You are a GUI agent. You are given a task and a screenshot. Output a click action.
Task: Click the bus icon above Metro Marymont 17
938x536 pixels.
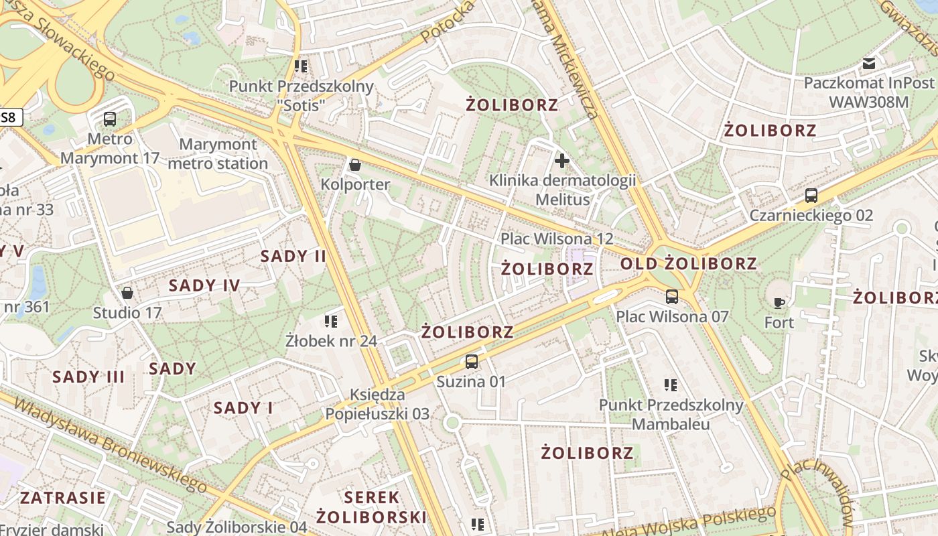tap(110, 119)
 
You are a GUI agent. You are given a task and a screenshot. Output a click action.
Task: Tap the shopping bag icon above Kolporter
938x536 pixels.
tap(355, 164)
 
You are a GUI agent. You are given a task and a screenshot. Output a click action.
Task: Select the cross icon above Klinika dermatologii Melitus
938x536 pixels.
tap(562, 161)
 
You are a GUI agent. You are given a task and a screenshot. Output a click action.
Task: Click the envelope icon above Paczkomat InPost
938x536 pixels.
tap(869, 64)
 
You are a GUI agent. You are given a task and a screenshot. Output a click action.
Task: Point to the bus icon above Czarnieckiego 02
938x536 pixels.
tap(811, 196)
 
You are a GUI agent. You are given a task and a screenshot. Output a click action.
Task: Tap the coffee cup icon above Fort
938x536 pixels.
tap(779, 303)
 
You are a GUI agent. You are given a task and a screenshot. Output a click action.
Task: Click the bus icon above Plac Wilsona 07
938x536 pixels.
tap(672, 296)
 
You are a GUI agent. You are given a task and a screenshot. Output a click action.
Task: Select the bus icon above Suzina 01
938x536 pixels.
tap(472, 362)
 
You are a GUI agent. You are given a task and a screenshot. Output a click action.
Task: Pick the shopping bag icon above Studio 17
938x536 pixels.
tap(127, 293)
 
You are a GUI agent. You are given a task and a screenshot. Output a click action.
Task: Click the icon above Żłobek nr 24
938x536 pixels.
tap(330, 321)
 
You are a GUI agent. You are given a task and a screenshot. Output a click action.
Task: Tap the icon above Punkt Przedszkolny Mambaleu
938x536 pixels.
tap(671, 385)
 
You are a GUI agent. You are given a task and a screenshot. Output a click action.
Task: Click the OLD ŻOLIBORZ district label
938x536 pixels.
tap(688, 263)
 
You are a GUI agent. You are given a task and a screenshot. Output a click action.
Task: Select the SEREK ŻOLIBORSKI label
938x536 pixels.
tap(371, 507)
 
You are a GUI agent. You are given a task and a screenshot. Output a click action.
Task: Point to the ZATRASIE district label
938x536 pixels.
tap(62, 498)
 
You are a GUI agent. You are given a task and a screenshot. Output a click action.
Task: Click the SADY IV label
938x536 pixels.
tap(204, 285)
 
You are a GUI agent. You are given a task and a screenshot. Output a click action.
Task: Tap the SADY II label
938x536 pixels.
tap(293, 256)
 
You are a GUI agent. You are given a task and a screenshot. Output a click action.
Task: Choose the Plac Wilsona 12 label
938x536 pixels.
tap(557, 239)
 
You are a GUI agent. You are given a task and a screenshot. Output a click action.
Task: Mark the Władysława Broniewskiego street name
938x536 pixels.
tap(111, 444)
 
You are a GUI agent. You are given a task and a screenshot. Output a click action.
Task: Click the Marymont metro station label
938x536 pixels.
tap(218, 153)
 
